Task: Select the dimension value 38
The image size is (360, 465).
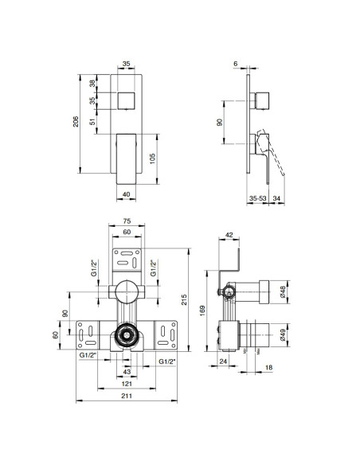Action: click(92, 83)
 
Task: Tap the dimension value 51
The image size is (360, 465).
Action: click(92, 121)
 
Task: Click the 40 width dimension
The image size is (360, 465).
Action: click(127, 192)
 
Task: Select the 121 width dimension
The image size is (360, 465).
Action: click(127, 385)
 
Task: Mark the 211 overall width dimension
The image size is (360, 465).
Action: click(127, 397)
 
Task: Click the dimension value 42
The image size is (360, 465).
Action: click(228, 235)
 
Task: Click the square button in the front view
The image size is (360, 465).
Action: click(127, 101)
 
